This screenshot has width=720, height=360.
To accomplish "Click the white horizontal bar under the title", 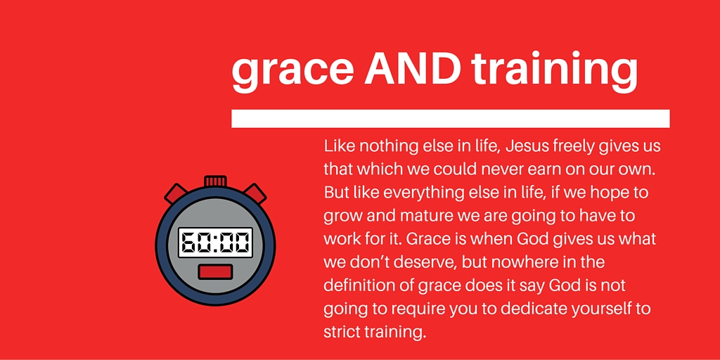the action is [x=451, y=118].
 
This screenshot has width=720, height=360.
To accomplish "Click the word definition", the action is [x=366, y=285].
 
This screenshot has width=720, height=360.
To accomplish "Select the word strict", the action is [x=341, y=332].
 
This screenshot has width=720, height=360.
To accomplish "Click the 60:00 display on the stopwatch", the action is [x=215, y=243].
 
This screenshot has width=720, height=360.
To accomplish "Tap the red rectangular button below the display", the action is [x=215, y=272].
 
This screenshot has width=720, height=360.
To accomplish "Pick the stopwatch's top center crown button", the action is [x=215, y=181].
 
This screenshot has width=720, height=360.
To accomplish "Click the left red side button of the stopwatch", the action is [x=176, y=193].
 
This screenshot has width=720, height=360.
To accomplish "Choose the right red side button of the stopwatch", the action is [x=255, y=193].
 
